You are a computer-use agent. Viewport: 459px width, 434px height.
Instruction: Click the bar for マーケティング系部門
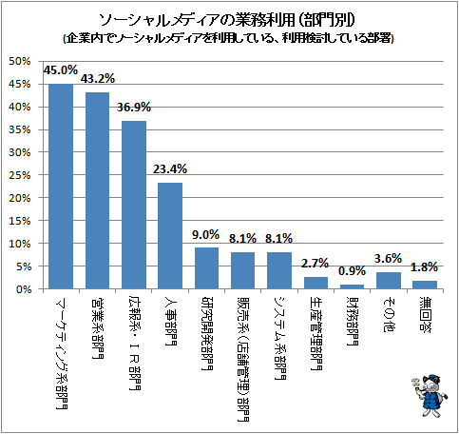tap(61, 187)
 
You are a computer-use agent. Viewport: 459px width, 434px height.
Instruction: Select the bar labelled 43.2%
tap(97, 190)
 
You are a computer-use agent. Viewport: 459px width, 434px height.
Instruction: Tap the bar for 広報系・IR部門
tap(134, 205)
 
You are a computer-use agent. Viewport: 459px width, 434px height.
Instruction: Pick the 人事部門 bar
tap(170, 236)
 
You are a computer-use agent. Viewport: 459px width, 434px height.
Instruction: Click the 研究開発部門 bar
tap(206, 268)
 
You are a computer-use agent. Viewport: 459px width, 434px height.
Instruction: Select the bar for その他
tap(389, 281)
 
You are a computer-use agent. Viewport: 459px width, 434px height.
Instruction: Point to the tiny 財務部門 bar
tap(352, 286)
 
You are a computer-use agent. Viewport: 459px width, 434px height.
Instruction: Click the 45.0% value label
tap(61, 70)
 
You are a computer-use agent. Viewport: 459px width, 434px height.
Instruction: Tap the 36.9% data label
tap(134, 108)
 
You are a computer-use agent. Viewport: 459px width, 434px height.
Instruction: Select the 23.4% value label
tap(170, 169)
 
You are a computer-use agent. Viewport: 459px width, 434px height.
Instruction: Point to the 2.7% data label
tap(315, 263)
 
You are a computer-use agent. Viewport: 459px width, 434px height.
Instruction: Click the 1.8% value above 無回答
tap(424, 267)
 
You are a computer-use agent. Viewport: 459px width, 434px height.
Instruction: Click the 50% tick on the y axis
tap(20, 61)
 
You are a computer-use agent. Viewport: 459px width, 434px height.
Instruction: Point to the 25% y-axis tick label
tap(20, 175)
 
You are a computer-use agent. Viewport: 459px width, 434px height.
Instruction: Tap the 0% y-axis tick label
tap(23, 289)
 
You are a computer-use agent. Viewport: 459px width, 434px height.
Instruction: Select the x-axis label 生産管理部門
tap(316, 333)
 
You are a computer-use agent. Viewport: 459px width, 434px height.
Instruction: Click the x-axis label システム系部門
tap(279, 338)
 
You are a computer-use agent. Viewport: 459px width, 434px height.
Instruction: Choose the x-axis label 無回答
tap(425, 314)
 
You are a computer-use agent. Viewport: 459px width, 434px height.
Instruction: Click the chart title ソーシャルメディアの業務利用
tap(198, 20)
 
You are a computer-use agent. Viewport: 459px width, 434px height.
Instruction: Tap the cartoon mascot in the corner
tap(430, 396)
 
